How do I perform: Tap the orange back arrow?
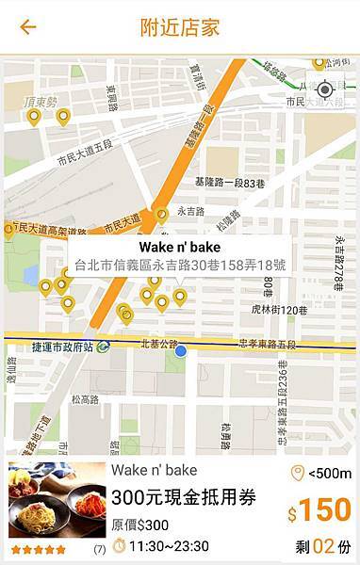[x=28, y=26]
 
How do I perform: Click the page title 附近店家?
[x=179, y=26]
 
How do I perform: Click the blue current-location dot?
[x=181, y=351]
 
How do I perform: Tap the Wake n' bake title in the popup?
[x=179, y=248]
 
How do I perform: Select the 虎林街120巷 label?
[x=280, y=310]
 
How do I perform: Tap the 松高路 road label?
[x=85, y=399]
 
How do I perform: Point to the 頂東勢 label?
[x=42, y=102]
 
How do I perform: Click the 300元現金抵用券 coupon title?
[x=184, y=498]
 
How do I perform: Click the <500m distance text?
[x=329, y=474]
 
